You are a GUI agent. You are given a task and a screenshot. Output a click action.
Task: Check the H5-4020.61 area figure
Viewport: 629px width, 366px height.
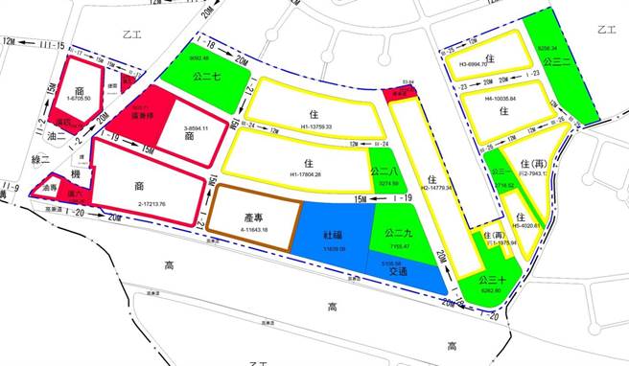pyautogui.click(x=524, y=226)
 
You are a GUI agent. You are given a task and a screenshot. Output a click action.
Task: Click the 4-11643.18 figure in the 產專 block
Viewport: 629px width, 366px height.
pyautogui.click(x=253, y=231)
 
